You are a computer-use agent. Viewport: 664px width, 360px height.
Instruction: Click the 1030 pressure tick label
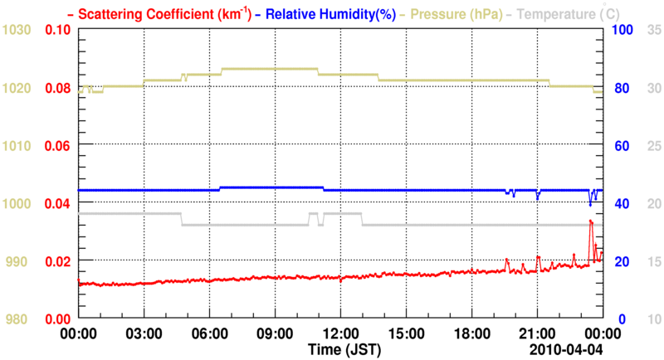[17, 30]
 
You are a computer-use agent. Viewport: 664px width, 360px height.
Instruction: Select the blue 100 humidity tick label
[623, 30]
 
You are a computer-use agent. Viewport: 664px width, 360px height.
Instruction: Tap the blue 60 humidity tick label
[620, 145]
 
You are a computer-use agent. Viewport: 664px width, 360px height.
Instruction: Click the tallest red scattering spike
[590, 221]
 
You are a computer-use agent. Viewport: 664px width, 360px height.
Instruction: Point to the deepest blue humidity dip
[590, 204]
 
